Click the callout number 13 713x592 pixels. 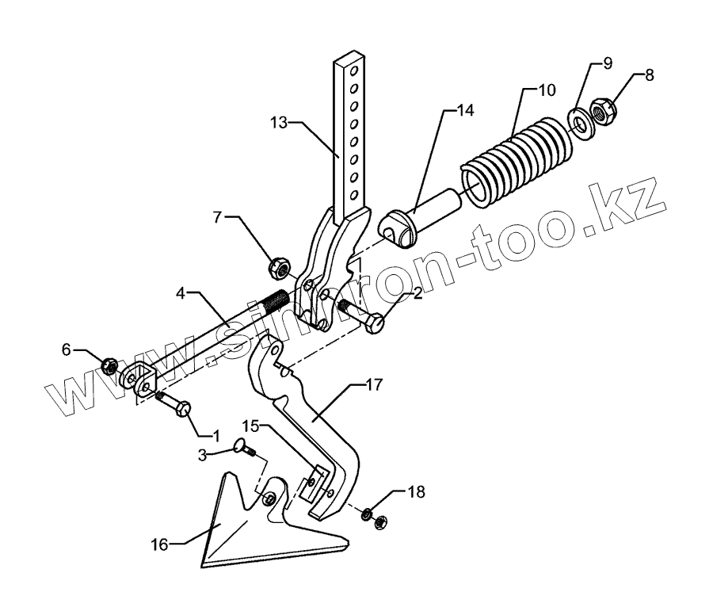click(x=278, y=123)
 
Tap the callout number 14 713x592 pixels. click(x=465, y=111)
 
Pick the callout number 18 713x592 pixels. click(x=417, y=492)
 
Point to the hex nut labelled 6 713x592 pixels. click(x=109, y=365)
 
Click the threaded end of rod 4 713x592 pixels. click(x=279, y=302)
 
